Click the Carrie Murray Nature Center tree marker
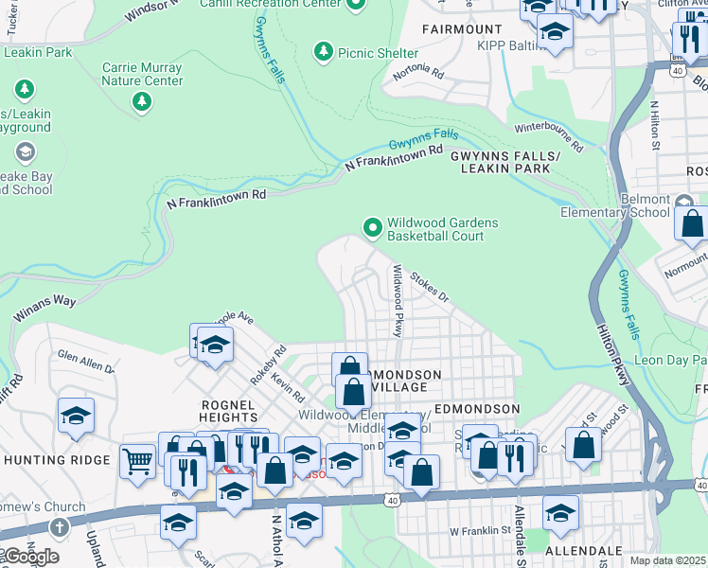tap(142, 100)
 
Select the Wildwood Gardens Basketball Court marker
tap(372, 226)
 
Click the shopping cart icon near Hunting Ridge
tap(138, 460)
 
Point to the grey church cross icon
tap(59, 526)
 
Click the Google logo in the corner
tap(30, 557)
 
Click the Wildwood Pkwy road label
tap(398, 298)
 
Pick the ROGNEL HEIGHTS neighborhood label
tap(228, 412)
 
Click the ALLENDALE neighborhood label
tap(584, 550)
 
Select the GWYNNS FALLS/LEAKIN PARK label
tap(505, 161)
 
